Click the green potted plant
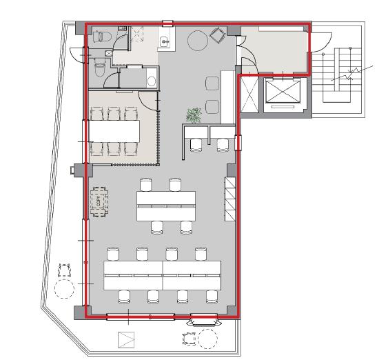click(x=194, y=115)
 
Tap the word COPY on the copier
click(x=99, y=202)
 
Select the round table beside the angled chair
click(x=198, y=41)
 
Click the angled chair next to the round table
click(x=217, y=35)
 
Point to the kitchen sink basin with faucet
click(x=164, y=41)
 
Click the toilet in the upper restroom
click(x=102, y=37)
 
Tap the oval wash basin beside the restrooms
click(x=152, y=81)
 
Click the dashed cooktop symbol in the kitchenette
click(x=137, y=34)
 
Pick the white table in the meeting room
click(x=114, y=131)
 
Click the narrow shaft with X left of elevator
click(x=249, y=94)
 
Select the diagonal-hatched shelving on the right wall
click(x=229, y=199)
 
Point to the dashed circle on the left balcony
click(x=64, y=288)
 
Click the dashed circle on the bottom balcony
click(x=207, y=339)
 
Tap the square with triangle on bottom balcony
click(x=126, y=340)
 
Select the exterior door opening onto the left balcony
click(x=79, y=54)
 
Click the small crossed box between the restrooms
click(x=109, y=53)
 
